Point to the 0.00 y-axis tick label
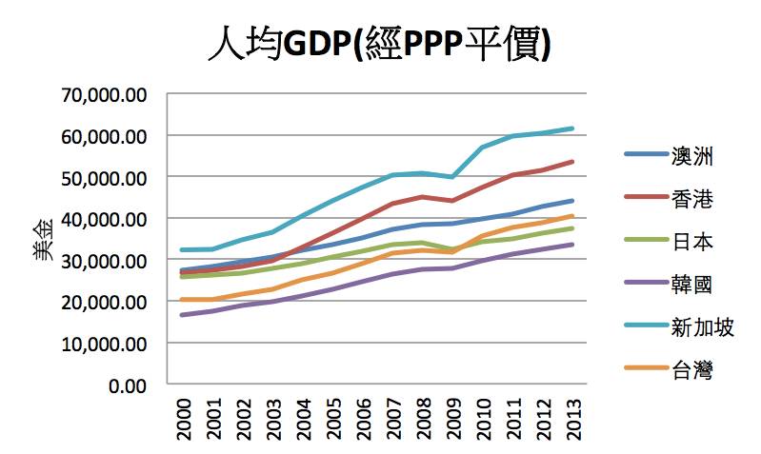click(128, 385)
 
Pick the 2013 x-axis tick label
click(574, 418)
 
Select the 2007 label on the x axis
click(393, 418)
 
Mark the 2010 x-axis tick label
click(484, 418)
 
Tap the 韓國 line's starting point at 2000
click(182, 315)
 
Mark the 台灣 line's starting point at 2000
click(182, 300)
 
